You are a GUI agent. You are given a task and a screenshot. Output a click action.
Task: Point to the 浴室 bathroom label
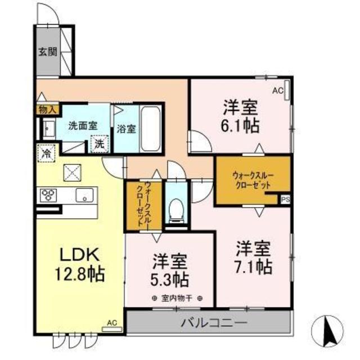coord(125,129)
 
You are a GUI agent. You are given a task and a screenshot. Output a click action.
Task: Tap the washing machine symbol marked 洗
coord(100,144)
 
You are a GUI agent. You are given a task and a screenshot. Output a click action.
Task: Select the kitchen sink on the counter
coord(85,196)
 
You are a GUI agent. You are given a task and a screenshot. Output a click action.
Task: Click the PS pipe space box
coord(285,199)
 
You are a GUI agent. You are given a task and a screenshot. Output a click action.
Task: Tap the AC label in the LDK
coord(111,323)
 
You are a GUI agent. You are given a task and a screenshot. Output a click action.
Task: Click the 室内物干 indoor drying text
coord(177,298)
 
